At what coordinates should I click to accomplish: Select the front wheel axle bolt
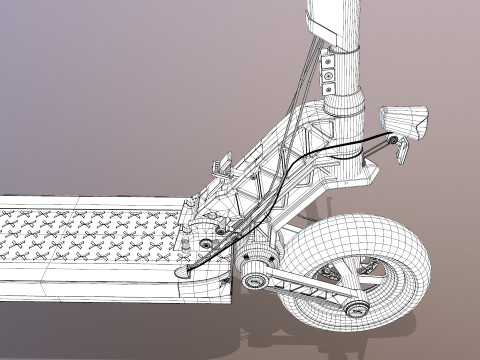click(352, 308)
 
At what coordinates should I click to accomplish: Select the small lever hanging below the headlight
click(403, 151)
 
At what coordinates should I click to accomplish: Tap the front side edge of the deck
click(100, 285)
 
